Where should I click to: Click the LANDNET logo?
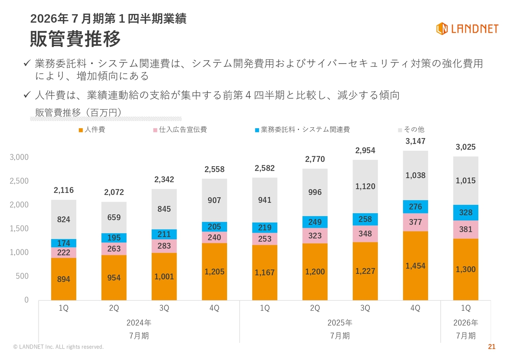[467, 29]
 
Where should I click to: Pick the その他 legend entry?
[411, 130]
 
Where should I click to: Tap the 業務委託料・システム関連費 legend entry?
[302, 130]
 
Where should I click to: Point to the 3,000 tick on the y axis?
[19, 157]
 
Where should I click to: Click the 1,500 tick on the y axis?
[19, 228]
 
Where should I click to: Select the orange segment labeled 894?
[64, 279]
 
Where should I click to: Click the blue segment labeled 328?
[466, 213]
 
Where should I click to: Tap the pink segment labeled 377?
[416, 222]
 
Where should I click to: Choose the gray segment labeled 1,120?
[365, 187]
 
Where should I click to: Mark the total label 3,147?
[416, 141]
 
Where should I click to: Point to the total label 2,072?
[114, 193]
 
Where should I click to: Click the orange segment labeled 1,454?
[416, 266]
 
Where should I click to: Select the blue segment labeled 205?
[214, 227]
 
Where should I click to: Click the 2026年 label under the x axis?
[466, 322]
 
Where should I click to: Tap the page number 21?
[492, 347]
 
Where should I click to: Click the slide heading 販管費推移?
[76, 39]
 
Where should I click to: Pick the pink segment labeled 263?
[114, 249]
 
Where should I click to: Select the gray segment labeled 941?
[264, 200]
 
